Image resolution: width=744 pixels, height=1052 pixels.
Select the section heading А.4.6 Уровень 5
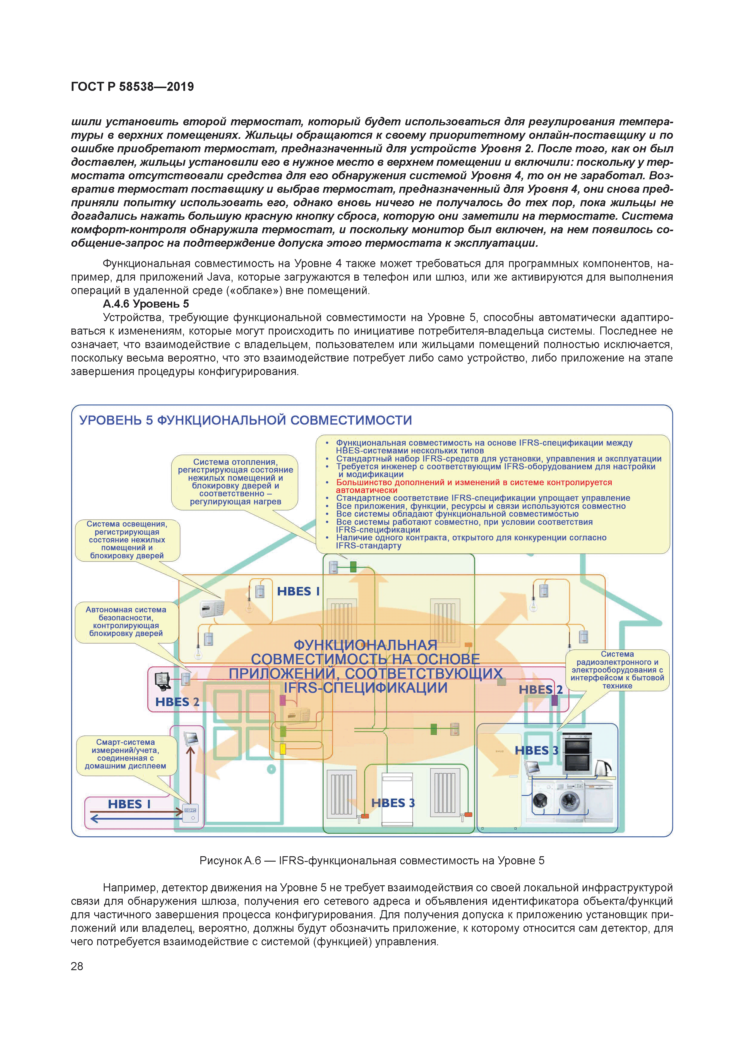point(146,304)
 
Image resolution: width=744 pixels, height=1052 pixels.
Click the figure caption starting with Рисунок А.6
point(372,860)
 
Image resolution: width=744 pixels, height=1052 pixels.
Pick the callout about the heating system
point(235,481)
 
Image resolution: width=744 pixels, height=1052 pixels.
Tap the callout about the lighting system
point(127,540)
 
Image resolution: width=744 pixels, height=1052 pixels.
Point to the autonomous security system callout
point(126,621)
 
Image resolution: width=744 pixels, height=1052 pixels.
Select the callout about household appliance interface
point(617,669)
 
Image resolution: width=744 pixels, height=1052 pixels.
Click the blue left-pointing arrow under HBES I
point(133,819)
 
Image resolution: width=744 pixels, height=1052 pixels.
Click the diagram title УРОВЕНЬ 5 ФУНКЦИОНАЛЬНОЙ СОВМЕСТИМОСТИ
point(246,420)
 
